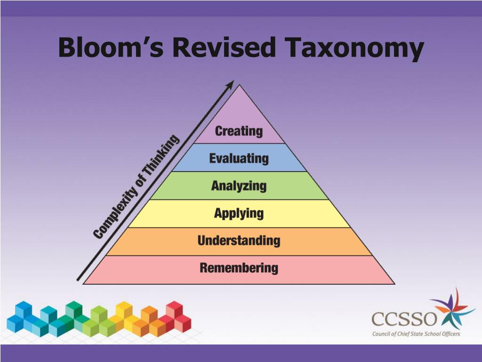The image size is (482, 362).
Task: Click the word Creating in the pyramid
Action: click(x=239, y=131)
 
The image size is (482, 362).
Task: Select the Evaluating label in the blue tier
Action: click(x=239, y=158)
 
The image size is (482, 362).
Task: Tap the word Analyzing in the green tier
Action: click(x=239, y=186)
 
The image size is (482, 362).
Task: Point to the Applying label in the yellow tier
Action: click(x=239, y=214)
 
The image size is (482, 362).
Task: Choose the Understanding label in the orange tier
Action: click(x=239, y=241)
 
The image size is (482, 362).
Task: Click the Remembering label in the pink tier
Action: click(x=239, y=268)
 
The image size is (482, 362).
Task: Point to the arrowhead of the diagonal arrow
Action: click(x=230, y=84)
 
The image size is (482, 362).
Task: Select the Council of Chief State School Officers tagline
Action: click(x=416, y=334)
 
